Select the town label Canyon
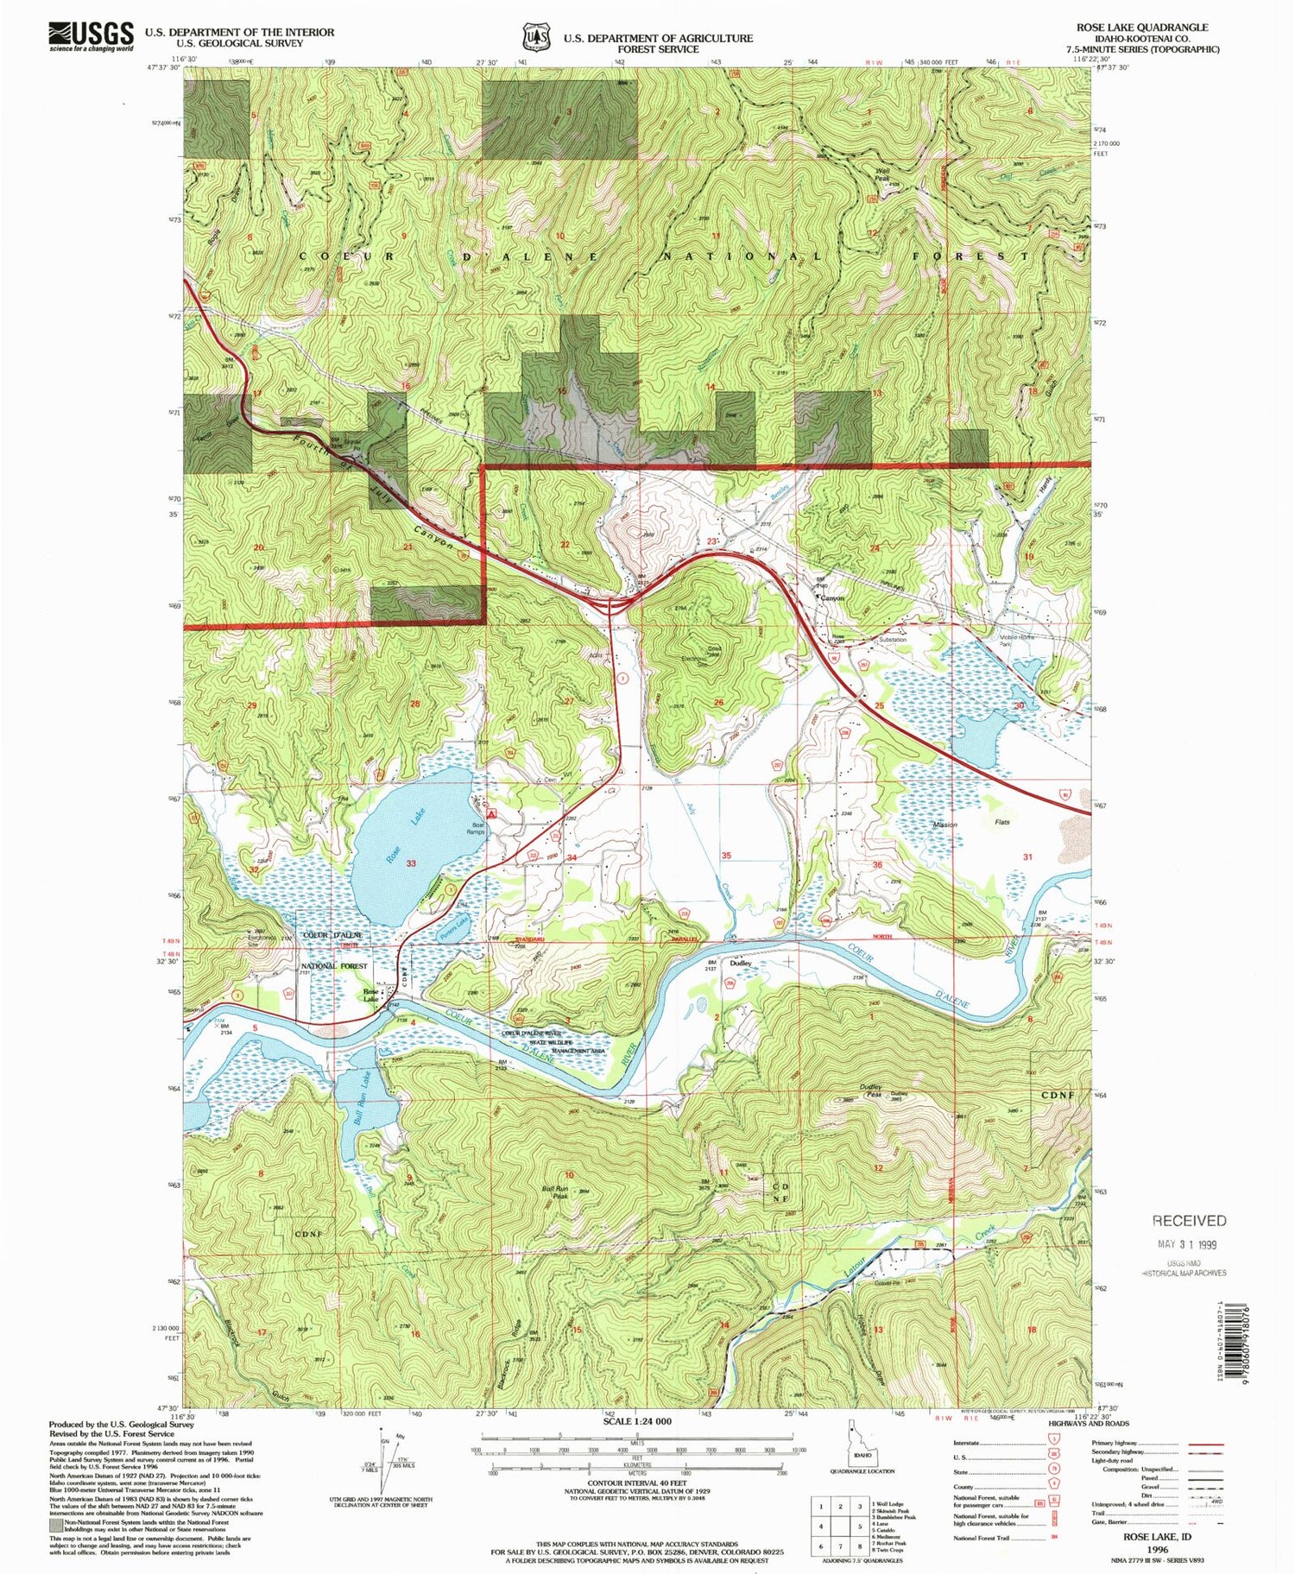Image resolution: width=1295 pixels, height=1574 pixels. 831,597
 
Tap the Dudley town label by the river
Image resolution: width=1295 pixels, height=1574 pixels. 741,963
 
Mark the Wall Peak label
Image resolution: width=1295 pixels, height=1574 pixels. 881,175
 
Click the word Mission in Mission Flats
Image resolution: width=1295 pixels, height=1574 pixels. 944,825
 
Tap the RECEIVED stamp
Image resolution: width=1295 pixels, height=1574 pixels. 1189,1221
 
